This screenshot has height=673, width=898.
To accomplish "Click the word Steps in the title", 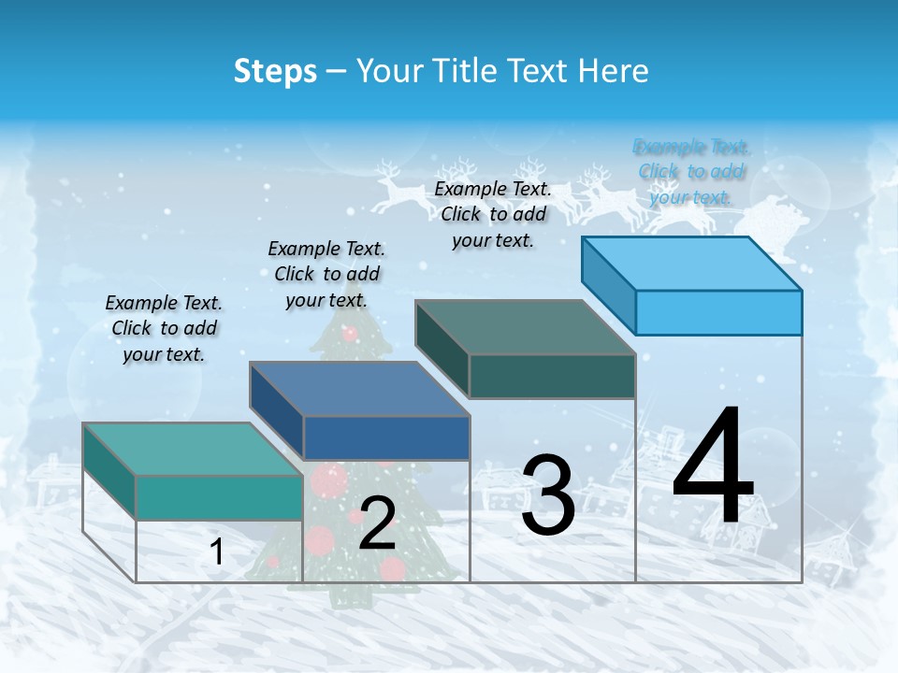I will click(275, 71).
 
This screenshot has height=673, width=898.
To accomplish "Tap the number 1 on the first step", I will click(217, 552).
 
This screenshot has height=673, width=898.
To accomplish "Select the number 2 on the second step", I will click(377, 524).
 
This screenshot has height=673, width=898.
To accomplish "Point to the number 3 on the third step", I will click(547, 495).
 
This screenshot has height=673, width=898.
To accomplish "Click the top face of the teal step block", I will click(192, 449).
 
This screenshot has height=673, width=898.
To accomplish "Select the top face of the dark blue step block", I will click(358, 389).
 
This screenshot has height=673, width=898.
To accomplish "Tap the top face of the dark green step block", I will click(525, 327).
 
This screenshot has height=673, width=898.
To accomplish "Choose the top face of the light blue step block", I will click(691, 264).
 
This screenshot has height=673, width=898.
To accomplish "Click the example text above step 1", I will click(164, 328).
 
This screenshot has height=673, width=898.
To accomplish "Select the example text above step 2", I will click(326, 274).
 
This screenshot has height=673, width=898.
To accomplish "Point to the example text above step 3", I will click(493, 214).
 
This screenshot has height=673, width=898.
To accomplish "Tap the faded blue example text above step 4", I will click(691, 171).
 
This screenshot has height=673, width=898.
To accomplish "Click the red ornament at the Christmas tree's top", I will click(350, 333).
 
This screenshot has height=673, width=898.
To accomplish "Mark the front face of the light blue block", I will click(718, 312).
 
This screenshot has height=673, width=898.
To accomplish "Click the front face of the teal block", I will click(219, 496).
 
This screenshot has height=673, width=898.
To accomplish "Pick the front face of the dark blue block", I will click(385, 437).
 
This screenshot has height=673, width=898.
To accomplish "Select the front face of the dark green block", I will click(552, 376).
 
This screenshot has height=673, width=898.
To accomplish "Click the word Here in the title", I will click(615, 71).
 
